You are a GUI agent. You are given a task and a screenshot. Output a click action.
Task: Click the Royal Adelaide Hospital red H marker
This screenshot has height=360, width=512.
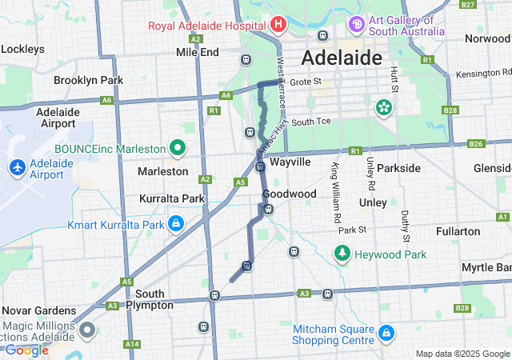click(x=278, y=25)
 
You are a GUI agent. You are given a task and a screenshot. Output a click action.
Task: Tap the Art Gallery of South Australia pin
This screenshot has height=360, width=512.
click(x=357, y=25)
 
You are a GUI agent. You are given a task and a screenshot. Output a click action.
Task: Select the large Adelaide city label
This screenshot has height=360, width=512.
click(x=341, y=58)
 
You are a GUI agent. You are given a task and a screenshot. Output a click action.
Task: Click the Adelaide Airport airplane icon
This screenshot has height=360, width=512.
click(x=17, y=167)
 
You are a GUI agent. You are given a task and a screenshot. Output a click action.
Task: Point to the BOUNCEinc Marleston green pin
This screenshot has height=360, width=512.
click(x=177, y=148)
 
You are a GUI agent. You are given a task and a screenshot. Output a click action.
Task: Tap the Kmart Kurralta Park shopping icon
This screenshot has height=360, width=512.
click(x=175, y=224)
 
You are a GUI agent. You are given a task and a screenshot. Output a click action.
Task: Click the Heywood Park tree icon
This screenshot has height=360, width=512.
click(x=342, y=254)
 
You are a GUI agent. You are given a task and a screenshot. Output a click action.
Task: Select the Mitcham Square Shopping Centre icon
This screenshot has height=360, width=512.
click(x=386, y=331)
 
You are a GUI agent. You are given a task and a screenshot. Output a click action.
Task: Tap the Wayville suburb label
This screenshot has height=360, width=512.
click(x=290, y=162)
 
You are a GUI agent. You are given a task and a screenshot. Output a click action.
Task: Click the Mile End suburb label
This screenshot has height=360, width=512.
click(x=197, y=52)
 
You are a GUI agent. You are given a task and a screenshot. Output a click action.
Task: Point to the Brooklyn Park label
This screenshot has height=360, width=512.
click(x=88, y=80)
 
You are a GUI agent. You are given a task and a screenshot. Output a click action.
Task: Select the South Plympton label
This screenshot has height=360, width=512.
click(x=150, y=299)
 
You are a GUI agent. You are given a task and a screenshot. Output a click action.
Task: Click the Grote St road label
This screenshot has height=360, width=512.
click(x=305, y=82)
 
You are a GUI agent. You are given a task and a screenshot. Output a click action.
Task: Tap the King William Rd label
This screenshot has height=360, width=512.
click(x=336, y=193)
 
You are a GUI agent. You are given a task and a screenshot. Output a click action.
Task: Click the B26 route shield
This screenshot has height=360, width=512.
click(x=477, y=144)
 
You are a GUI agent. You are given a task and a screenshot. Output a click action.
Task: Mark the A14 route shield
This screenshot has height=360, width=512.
click(x=131, y=344)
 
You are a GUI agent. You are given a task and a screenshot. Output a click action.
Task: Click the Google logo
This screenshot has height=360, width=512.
click(x=26, y=350)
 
